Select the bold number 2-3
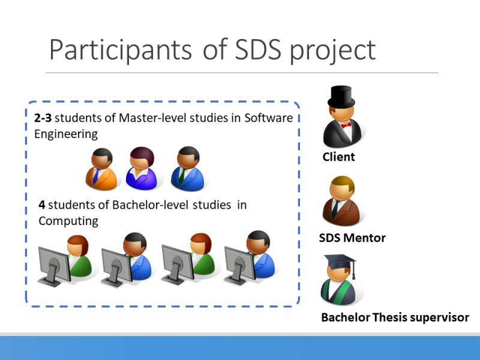coord(43,118)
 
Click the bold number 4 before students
coord(42,205)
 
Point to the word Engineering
coord(65,133)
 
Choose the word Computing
coord(68,221)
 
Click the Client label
coord(339,157)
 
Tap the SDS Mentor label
coord(352,238)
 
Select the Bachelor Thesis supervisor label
coord(395,317)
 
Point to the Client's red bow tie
coord(346,125)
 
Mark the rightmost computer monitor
coord(239,264)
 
